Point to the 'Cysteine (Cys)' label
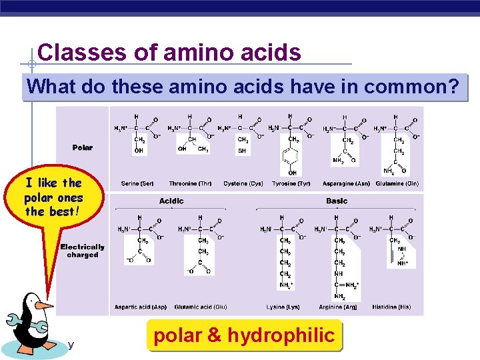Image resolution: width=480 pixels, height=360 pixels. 243,183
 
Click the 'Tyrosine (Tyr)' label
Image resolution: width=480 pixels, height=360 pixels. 291,183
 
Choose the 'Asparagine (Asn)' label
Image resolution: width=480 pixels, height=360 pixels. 346,183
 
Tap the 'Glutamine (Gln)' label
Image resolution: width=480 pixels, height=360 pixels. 397,183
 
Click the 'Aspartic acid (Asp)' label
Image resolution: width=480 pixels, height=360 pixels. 141,307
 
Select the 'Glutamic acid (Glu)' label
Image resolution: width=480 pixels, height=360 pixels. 201,307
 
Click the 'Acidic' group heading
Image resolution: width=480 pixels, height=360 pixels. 171,201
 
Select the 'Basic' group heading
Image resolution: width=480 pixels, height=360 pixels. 337,201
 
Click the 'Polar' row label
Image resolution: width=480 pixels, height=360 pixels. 83,147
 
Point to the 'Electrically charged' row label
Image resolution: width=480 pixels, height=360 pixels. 83,251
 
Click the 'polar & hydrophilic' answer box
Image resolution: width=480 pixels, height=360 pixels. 244,335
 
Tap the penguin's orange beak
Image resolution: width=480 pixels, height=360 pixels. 44,305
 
